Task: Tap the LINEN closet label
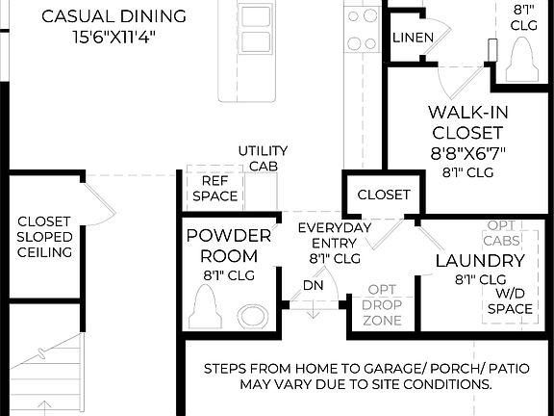tap(413, 38)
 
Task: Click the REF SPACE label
tap(214, 189)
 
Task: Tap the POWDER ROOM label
tap(222, 246)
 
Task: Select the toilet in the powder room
tap(208, 311)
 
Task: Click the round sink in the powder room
tap(254, 315)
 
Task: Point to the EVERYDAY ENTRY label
tap(335, 235)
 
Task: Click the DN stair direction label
tap(314, 286)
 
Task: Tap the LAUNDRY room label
tap(480, 261)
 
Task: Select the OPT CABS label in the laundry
tap(504, 231)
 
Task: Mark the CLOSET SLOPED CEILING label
tap(44, 236)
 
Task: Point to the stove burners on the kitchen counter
tap(362, 29)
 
